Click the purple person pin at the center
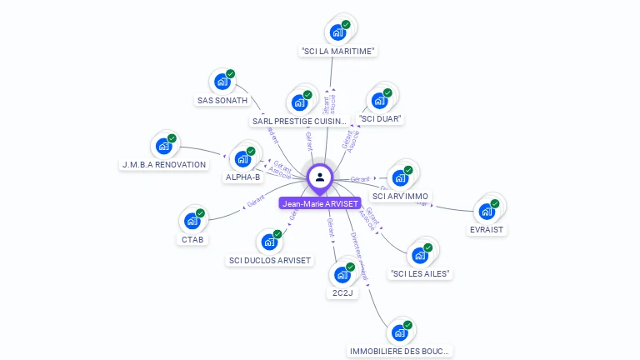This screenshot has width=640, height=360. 320,177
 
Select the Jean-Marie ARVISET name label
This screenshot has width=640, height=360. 320,203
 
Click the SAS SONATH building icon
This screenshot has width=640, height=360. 222,82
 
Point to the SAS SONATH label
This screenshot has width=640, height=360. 222,101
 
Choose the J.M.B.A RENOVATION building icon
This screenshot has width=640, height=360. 163,146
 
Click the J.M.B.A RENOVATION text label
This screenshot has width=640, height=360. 164,165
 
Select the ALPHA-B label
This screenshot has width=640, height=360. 243,177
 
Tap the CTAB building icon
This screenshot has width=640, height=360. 192,221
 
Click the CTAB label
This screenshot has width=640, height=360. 192,240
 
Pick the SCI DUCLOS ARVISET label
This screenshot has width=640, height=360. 270,261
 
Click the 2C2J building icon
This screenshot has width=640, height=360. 342,274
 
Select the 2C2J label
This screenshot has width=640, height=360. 342,293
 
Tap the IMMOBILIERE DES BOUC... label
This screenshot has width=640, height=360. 400,352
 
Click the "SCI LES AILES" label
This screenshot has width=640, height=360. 420,273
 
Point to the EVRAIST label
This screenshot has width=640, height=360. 487,229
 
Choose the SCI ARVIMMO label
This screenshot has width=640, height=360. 401,197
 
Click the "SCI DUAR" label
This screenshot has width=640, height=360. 381,119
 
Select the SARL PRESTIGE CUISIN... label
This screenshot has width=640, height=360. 298,122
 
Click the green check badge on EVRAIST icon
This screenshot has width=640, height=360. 495,203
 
